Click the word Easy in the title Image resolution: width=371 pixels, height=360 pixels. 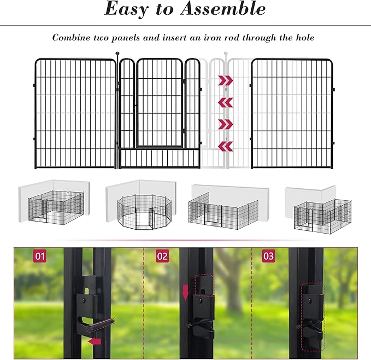tap(129, 9)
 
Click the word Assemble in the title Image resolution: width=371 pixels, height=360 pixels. tap(225, 9)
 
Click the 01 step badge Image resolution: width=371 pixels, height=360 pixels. tap(40, 256)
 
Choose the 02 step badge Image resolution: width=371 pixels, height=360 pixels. tap(162, 256)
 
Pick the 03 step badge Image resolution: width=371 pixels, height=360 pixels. tap(269, 256)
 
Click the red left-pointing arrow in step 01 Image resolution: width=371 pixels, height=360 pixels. tap(95, 341)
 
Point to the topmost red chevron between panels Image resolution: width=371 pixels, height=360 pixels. tap(226, 81)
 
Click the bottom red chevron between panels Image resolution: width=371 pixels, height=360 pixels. tap(226, 146)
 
